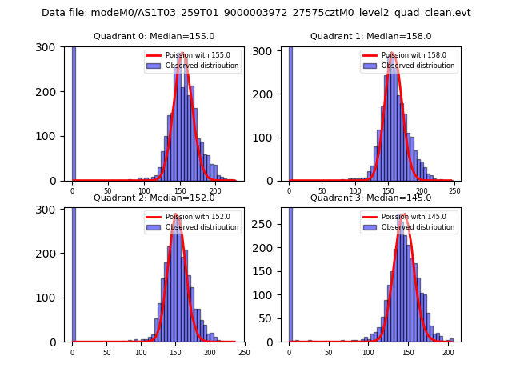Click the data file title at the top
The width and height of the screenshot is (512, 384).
pos(256,13)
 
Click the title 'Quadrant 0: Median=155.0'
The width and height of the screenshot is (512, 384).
pos(154,36)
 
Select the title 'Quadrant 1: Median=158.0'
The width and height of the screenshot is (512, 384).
pos(370,36)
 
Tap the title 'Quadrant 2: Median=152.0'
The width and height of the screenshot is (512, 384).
pos(154,198)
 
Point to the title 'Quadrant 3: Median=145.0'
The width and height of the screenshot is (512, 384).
pos(370,198)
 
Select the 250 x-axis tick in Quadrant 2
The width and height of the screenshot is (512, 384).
pos(244,352)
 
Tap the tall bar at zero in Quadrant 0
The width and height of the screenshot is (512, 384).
pos(74,112)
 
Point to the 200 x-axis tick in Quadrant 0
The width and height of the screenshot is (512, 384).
pos(215,190)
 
